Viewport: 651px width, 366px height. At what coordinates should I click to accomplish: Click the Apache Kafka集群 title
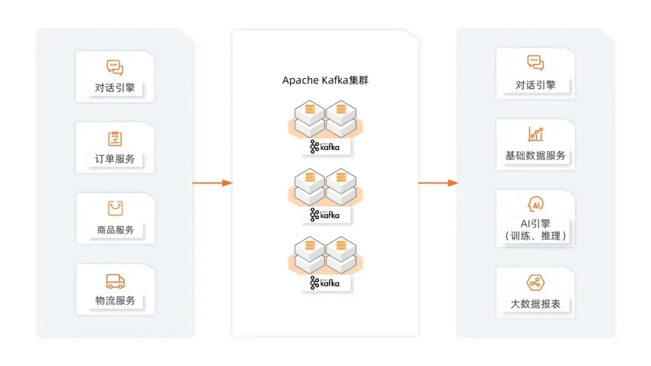point(325,81)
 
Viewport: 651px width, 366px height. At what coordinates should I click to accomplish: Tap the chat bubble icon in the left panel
point(115,67)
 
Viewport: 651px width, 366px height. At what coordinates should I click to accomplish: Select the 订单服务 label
point(115,159)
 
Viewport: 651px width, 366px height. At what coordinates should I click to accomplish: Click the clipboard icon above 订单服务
point(115,138)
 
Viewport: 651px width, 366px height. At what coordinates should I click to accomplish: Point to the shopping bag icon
point(115,208)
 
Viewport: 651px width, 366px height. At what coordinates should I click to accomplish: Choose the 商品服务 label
point(115,230)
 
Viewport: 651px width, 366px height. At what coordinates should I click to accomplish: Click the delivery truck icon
point(115,281)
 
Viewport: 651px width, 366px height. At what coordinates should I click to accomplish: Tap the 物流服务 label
point(115,300)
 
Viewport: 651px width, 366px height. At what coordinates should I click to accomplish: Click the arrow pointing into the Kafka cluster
point(212,182)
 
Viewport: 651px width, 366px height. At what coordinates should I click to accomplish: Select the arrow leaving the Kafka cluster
point(438,182)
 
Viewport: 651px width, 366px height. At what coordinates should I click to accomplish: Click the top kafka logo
point(325,146)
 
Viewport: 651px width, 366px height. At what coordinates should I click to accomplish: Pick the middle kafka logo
point(325,214)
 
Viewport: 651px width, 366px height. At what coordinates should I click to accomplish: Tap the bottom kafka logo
point(325,282)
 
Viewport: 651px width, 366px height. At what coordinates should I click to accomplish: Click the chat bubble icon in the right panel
point(535,63)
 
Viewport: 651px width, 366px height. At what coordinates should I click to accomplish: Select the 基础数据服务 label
point(535,155)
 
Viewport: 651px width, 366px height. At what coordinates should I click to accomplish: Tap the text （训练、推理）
point(535,236)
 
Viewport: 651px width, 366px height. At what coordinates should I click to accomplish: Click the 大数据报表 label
point(535,304)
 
